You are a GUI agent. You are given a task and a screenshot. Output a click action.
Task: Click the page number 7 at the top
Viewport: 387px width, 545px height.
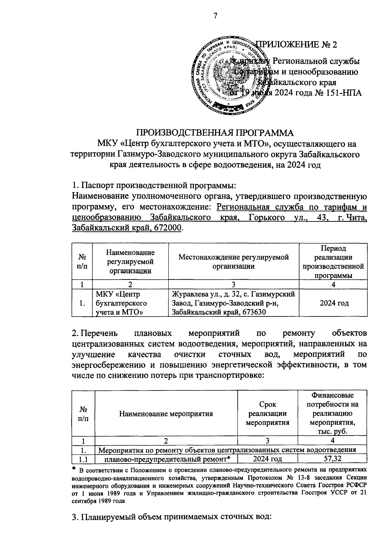pos(215,16)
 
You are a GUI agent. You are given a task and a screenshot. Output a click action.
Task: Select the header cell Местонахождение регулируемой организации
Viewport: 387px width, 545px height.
pos(234,261)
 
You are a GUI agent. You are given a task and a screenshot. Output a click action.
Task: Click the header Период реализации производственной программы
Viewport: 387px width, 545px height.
pos(333,261)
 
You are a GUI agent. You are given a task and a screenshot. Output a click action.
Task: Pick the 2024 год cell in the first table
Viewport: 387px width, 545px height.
pos(333,303)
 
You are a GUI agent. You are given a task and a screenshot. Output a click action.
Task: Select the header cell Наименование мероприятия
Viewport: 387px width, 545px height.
pos(166,414)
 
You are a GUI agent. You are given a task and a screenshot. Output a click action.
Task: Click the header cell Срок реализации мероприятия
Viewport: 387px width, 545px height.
pos(268,414)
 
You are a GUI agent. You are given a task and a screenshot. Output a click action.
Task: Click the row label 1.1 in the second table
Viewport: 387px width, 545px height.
pos(83,459)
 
